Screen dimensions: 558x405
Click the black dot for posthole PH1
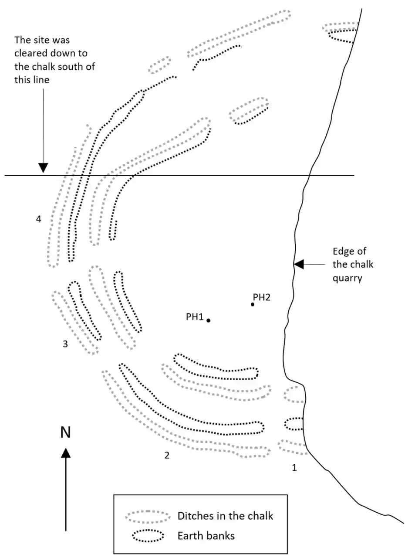pos(208,320)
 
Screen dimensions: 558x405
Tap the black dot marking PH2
pos(253,304)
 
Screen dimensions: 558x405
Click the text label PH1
pos(195,317)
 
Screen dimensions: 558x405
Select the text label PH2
pos(262,297)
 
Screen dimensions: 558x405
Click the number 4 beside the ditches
pos(39,219)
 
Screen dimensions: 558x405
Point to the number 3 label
pos(65,344)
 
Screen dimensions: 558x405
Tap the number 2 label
pos(166,456)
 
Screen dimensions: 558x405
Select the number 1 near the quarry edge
pos(294,468)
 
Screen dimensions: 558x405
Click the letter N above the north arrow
pos(65,432)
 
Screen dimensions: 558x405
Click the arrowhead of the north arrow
pos(65,453)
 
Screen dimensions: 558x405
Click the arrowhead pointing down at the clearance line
pos(43,168)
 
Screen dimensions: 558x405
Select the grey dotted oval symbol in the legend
pos(147,516)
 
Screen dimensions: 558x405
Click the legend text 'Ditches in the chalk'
pos(225,516)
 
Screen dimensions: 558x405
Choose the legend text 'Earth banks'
pos(206,535)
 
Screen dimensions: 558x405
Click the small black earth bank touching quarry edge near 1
pos(294,423)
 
